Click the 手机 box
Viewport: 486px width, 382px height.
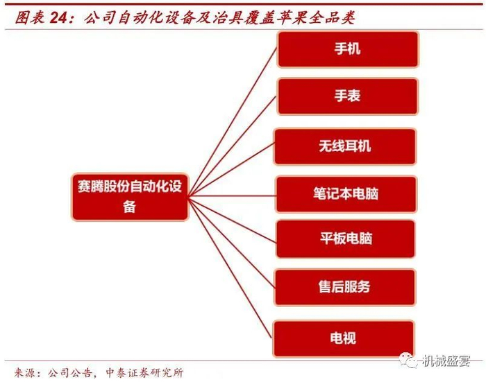pos(348,49)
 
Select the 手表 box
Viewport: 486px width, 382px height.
pos(348,96)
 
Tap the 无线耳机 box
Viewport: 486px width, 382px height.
pos(345,146)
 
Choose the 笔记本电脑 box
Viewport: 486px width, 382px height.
pos(346,193)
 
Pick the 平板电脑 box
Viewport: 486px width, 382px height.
pos(345,238)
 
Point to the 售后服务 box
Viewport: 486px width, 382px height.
pos(345,287)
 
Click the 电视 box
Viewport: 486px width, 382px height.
pos(344,338)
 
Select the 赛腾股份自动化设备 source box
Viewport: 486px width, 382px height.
pos(130,196)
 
